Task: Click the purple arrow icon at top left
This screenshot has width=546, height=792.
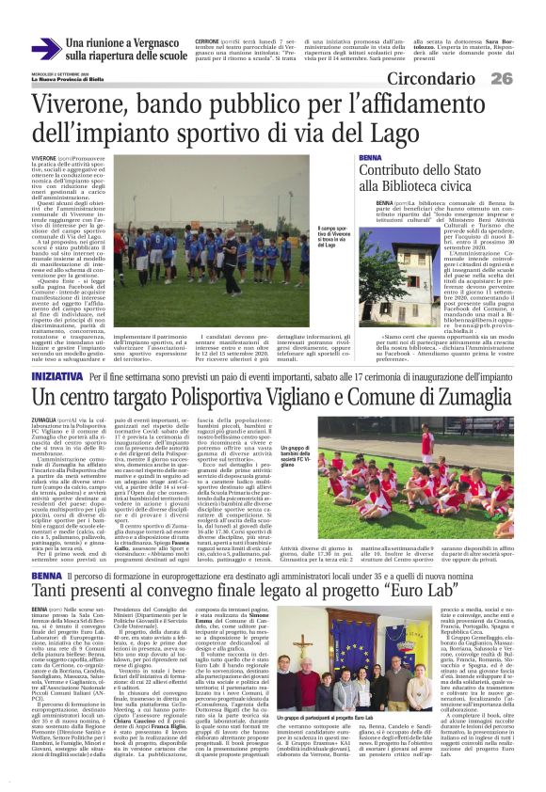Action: click(x=45, y=48)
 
